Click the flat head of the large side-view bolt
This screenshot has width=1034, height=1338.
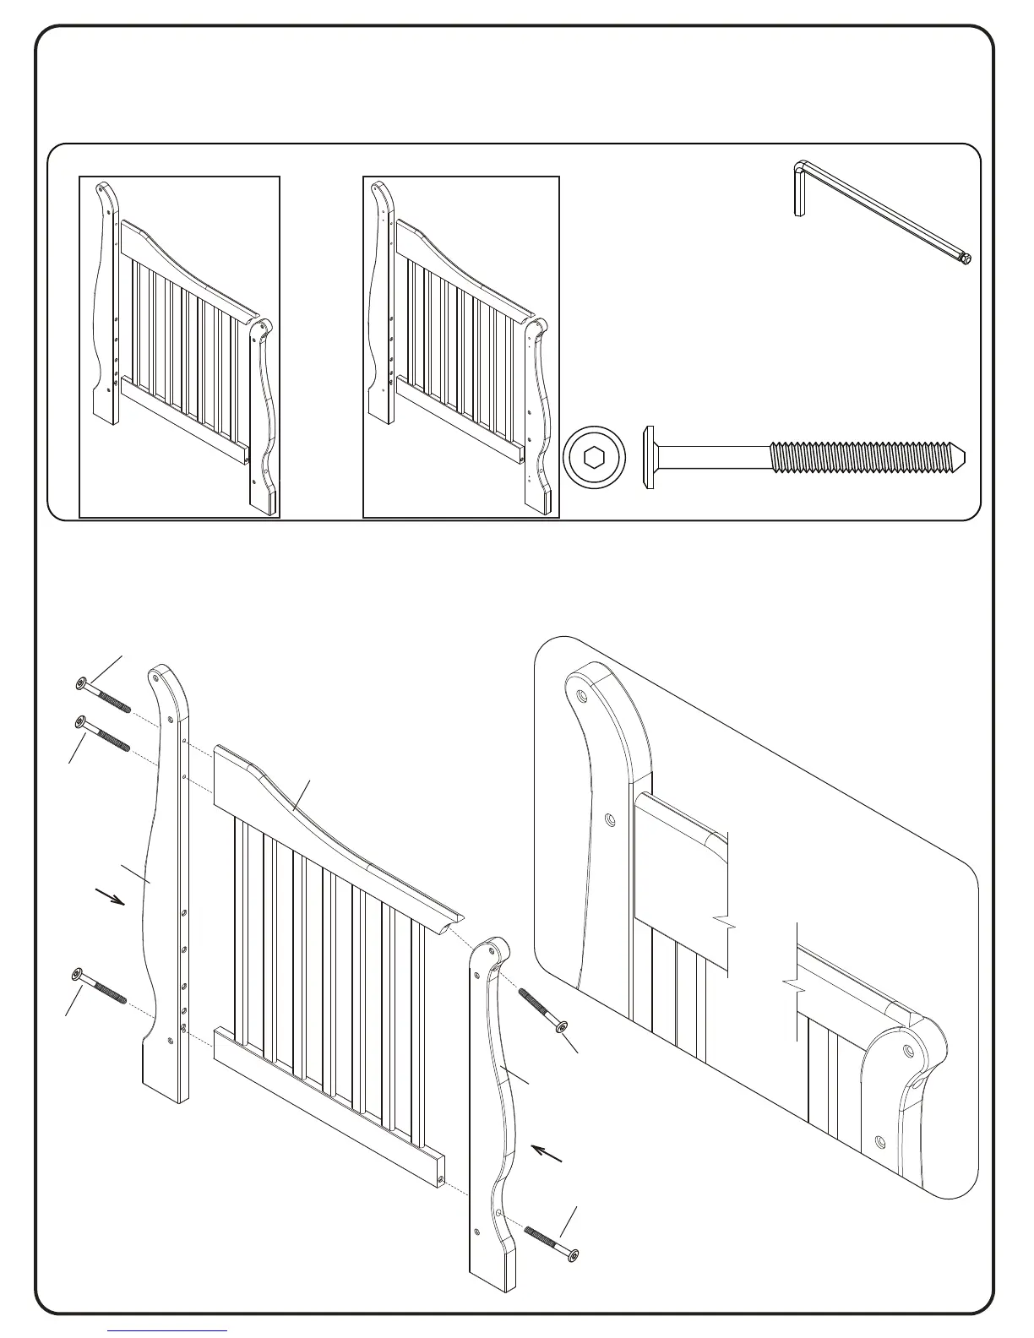pyautogui.click(x=651, y=458)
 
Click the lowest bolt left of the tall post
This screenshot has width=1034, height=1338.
pyautogui.click(x=100, y=987)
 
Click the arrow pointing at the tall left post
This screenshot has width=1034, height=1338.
pyautogui.click(x=112, y=897)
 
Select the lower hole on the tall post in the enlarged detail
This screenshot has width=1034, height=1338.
pyautogui.click(x=610, y=819)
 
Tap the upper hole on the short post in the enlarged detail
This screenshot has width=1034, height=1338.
pyautogui.click(x=909, y=1052)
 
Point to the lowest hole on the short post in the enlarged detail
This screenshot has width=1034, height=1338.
pyautogui.click(x=881, y=1141)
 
